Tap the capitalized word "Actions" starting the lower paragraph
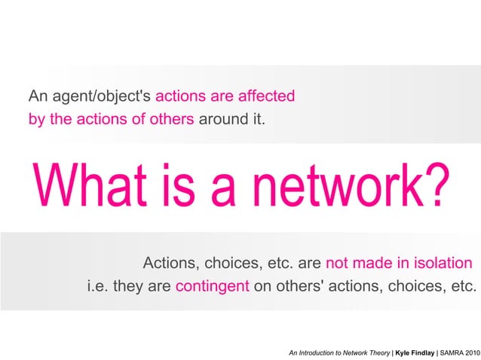170,264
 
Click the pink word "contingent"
212,286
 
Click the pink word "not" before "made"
338,264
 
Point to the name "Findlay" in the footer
420,351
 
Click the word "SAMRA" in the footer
452,351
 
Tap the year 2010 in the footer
473,351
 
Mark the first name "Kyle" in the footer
400,351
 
